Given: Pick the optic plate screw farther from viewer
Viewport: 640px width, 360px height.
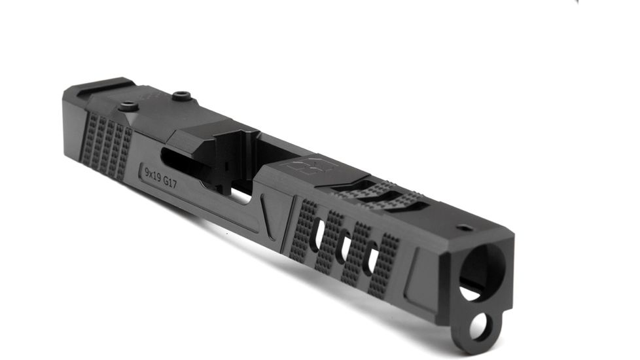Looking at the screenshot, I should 183,97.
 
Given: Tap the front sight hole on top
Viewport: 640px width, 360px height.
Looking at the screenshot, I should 465,228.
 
